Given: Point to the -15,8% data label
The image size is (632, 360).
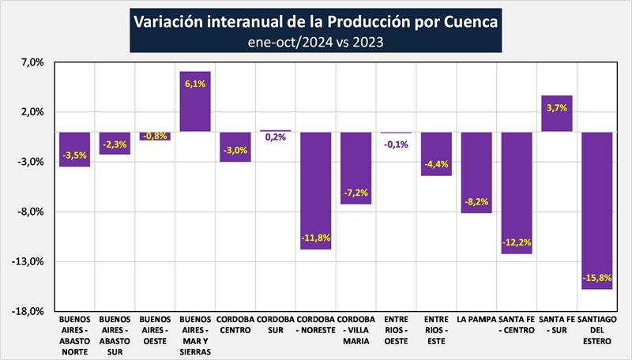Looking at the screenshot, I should [596, 278].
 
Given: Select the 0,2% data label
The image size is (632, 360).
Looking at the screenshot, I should [276, 137].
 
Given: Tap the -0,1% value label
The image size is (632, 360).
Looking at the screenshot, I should [395, 144].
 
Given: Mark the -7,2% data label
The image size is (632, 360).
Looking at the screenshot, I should [355, 193].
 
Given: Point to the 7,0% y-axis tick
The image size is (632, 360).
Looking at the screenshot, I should [32, 62].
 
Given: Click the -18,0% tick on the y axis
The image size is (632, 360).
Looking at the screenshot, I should [29, 311].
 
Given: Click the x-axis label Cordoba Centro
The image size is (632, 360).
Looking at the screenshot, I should [235, 324].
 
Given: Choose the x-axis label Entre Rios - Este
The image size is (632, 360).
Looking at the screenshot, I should [435, 329].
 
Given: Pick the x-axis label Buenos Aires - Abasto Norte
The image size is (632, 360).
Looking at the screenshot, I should [75, 335].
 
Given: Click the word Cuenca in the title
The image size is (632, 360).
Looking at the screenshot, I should [468, 21].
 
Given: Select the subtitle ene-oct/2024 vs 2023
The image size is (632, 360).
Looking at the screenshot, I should [316, 42].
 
